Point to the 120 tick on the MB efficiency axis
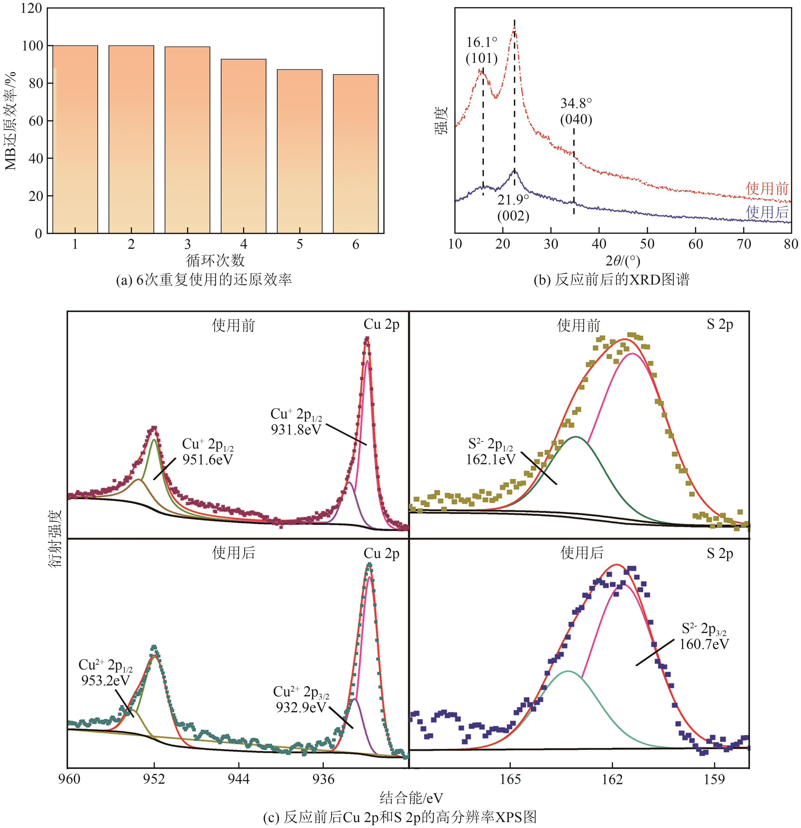tap(32, 8)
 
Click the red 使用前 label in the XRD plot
tap(767, 188)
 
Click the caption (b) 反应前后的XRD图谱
tap(611, 280)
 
